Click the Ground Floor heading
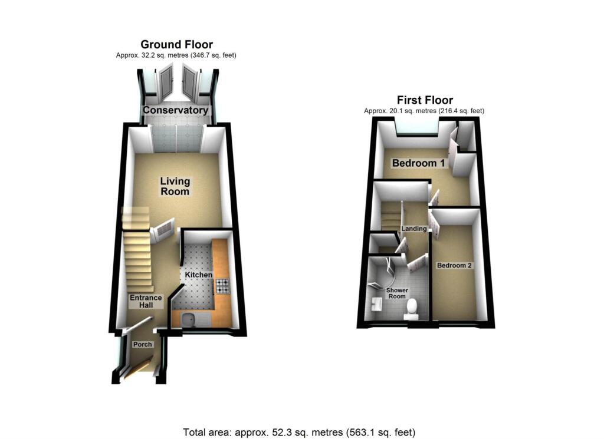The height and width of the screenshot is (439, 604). (176, 45)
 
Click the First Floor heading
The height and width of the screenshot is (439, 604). (425, 100)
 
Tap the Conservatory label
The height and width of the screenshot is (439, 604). (176, 110)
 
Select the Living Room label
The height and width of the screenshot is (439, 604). (175, 186)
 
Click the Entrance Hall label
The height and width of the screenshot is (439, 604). (146, 302)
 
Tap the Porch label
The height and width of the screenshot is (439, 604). (142, 345)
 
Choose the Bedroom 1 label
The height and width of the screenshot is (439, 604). (419, 163)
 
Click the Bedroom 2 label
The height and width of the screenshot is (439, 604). (454, 265)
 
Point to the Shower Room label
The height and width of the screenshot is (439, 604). (396, 293)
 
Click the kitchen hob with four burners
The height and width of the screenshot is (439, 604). (222, 286)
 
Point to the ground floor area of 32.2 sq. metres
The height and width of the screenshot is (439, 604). (176, 55)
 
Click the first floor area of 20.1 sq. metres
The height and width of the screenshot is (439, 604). (425, 111)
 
